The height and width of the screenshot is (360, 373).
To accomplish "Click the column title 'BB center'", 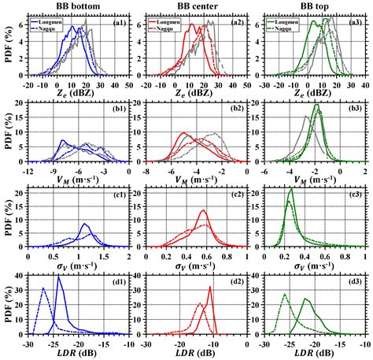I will pos(190,6).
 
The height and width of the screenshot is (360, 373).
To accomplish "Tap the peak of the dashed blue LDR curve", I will pos(43,288).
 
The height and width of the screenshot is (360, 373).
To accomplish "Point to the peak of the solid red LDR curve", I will pos(210,287).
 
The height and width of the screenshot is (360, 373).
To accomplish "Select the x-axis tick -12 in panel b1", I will pos(28,169).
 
